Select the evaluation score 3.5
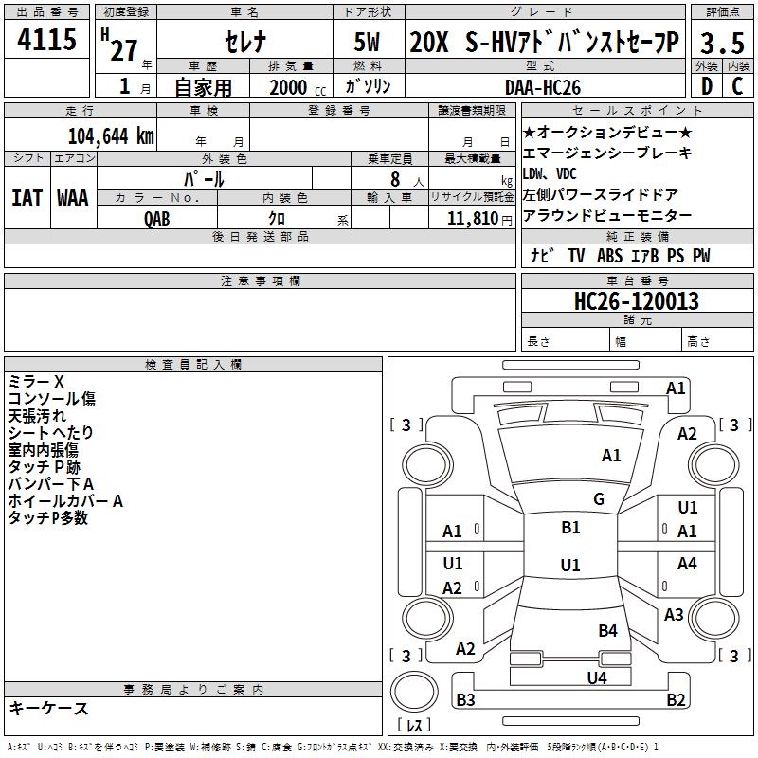click(x=722, y=44)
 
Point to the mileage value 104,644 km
click(x=112, y=135)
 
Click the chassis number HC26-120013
click(x=637, y=301)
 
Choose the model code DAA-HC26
click(x=546, y=86)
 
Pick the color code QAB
click(x=157, y=218)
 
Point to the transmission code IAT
click(x=27, y=198)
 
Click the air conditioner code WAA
click(x=73, y=198)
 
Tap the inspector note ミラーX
click(x=36, y=382)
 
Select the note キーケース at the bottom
click(x=48, y=708)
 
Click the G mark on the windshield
click(x=598, y=498)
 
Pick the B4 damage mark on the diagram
click(x=607, y=630)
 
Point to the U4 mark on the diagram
click(x=596, y=677)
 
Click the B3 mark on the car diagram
click(x=465, y=699)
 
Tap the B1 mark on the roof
click(x=570, y=528)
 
